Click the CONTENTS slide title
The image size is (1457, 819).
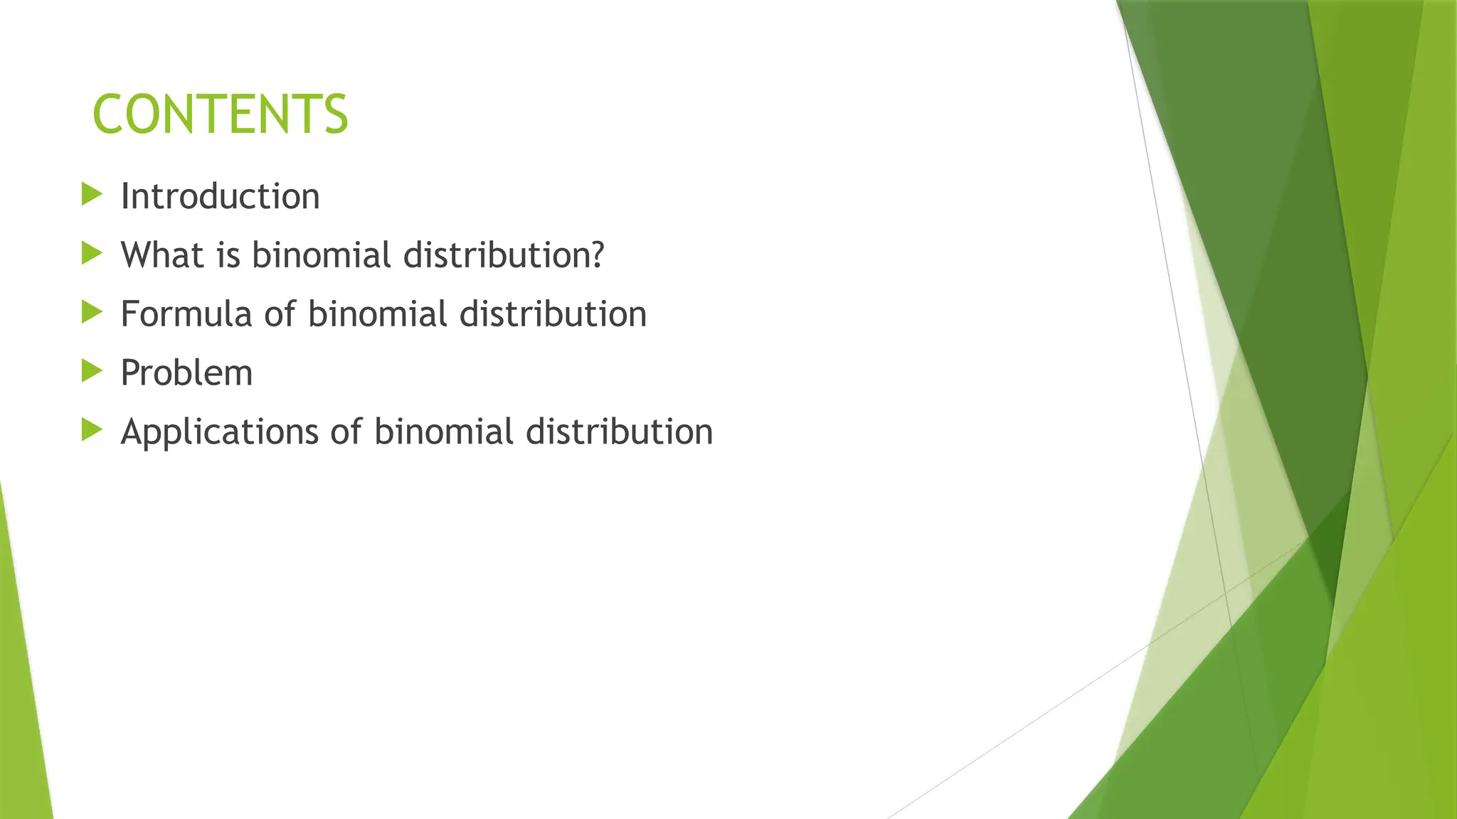pos(220,114)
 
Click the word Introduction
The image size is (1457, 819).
pos(220,196)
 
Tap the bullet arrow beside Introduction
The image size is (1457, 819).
pos(92,194)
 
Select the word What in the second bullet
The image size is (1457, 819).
pos(162,255)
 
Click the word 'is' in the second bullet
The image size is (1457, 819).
pos(228,255)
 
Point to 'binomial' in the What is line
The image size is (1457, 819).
pos(321,255)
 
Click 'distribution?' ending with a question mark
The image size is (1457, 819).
pos(504,255)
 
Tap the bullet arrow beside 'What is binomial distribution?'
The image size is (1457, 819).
pos(92,253)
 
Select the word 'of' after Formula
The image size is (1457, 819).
pos(280,314)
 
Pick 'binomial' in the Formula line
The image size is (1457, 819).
pos(377,314)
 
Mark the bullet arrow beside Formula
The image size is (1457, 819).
pos(92,312)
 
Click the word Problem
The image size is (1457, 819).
pos(186,373)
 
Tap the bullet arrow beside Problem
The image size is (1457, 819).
pos(92,371)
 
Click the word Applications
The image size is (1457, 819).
pos(219,432)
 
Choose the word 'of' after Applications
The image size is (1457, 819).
pos(346,432)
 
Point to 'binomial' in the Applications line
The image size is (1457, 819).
pos(443,432)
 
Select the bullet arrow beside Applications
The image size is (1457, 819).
pos(92,429)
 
